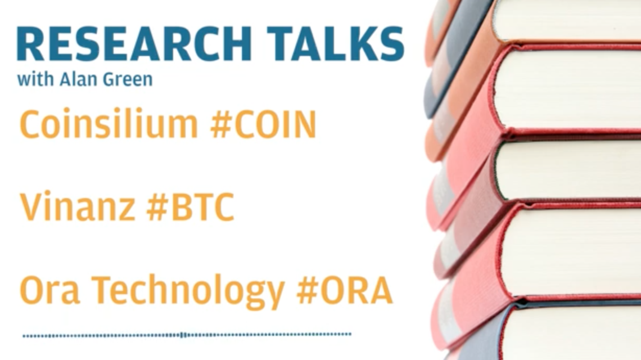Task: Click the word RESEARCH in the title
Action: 134,44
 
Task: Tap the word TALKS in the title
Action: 335,44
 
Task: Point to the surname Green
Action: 128,79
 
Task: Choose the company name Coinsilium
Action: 109,124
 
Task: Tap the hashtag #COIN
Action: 263,124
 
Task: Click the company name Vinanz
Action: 78,206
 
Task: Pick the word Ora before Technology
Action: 49,290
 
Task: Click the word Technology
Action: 188,292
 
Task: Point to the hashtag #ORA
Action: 344,290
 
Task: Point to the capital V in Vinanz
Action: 32,206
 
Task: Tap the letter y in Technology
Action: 273,296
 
